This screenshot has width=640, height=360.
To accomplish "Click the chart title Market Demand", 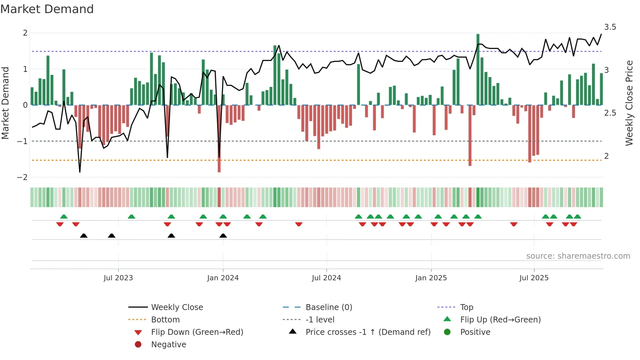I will pyautogui.click(x=47, y=9).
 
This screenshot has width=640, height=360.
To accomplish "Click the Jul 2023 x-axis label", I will pyautogui.click(x=118, y=278).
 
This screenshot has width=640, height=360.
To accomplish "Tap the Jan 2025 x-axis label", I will pyautogui.click(x=431, y=278).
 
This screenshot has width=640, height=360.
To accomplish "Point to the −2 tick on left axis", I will pyautogui.click(x=22, y=177).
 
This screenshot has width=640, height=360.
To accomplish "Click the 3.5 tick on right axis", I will pyautogui.click(x=610, y=27).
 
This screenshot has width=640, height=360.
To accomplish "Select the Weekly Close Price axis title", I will pyautogui.click(x=629, y=103).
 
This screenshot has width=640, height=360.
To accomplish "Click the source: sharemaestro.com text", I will pyautogui.click(x=578, y=256).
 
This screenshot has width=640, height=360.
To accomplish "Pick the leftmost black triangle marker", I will pyautogui.click(x=84, y=236).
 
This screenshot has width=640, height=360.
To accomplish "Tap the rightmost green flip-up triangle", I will pyautogui.click(x=577, y=217).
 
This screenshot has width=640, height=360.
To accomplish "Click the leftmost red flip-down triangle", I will pyautogui.click(x=60, y=224).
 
